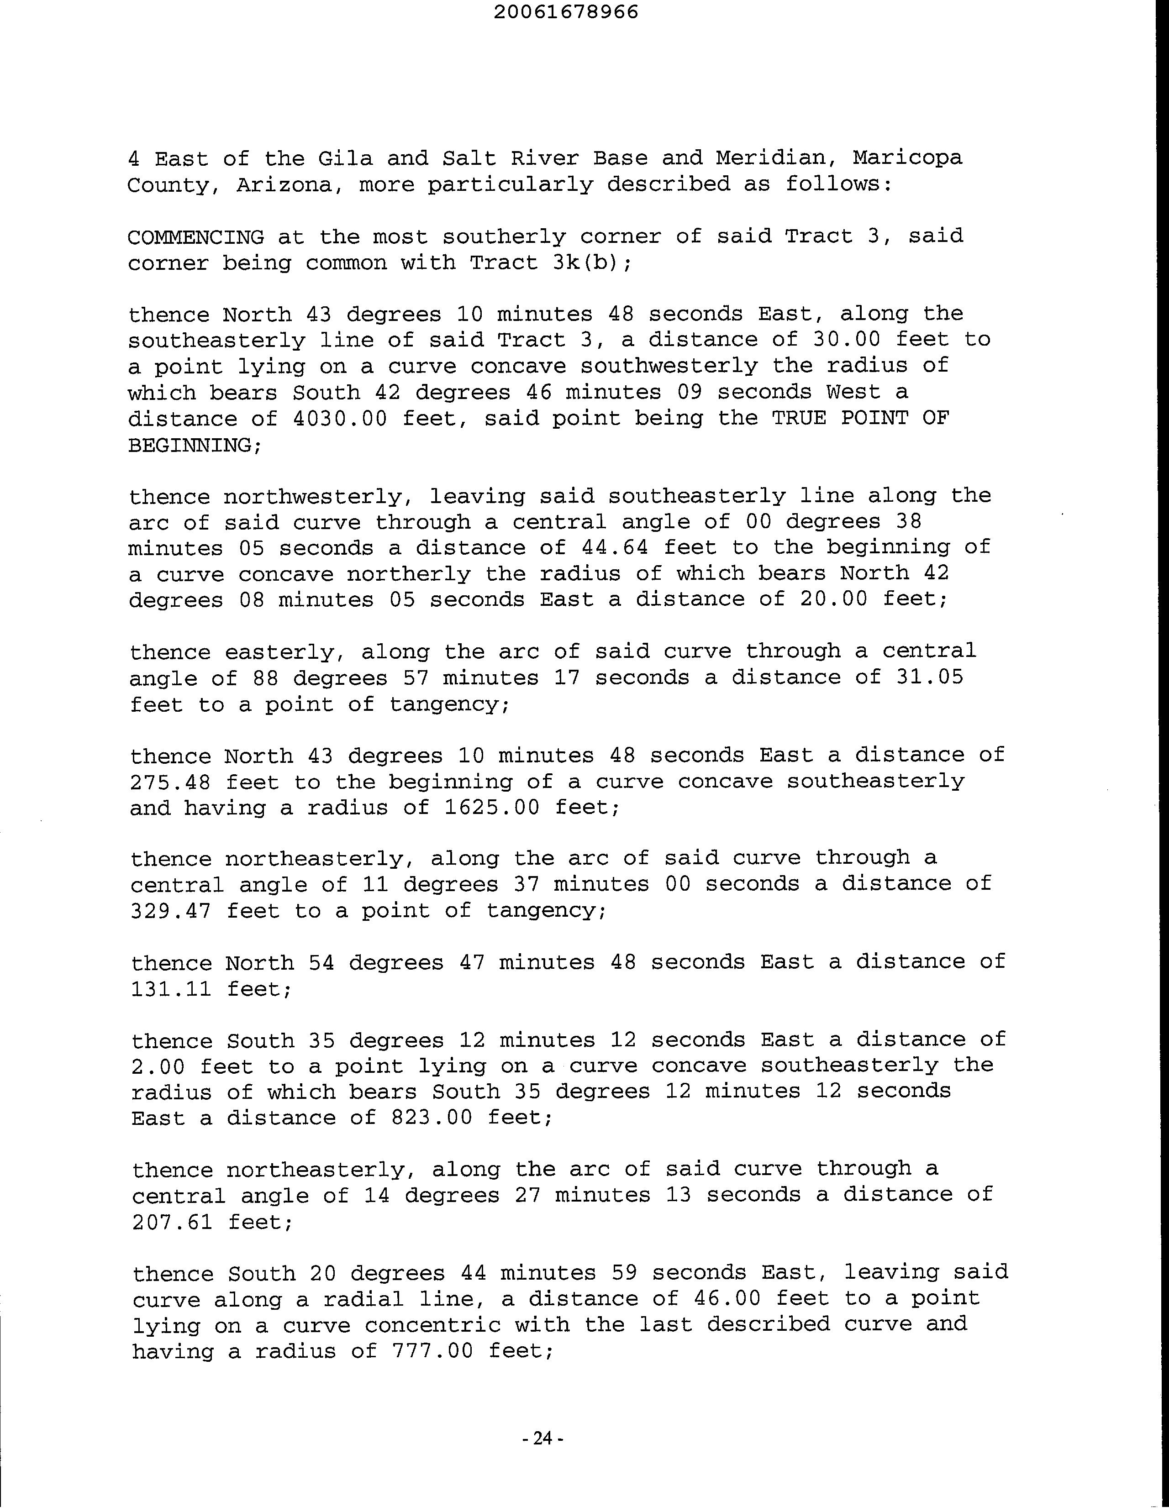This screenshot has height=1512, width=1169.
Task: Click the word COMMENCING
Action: coord(196,237)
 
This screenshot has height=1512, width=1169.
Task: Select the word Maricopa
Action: coord(907,158)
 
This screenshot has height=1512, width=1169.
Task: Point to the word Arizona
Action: coord(284,185)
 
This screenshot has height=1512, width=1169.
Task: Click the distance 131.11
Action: coord(170,989)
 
